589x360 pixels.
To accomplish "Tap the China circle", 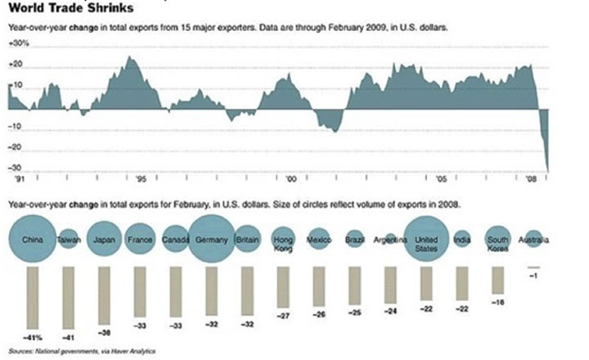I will coord(32,240).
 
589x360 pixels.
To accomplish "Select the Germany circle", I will coord(213,240).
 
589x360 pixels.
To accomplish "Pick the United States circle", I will coord(427,240).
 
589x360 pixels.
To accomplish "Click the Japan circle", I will coord(105,240).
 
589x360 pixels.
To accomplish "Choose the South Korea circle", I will coord(498,240).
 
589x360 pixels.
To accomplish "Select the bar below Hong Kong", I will coord(283,286).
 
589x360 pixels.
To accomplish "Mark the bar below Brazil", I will coord(354,284).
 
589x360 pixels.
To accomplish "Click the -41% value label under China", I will coord(32,336).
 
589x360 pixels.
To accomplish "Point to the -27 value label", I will coord(283,315).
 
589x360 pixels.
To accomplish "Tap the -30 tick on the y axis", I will coord(16,168).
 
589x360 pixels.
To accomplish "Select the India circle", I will coord(462,240).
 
